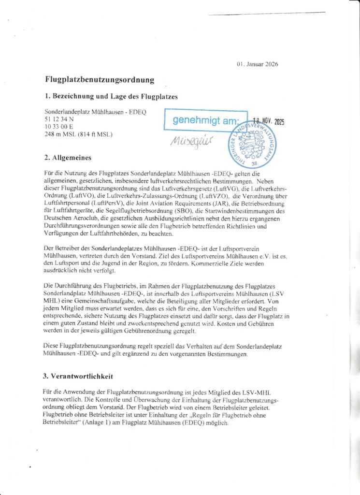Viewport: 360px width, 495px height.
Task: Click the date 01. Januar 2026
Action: tap(258, 64)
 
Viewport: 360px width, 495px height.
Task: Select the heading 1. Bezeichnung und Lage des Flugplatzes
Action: tap(111, 96)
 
